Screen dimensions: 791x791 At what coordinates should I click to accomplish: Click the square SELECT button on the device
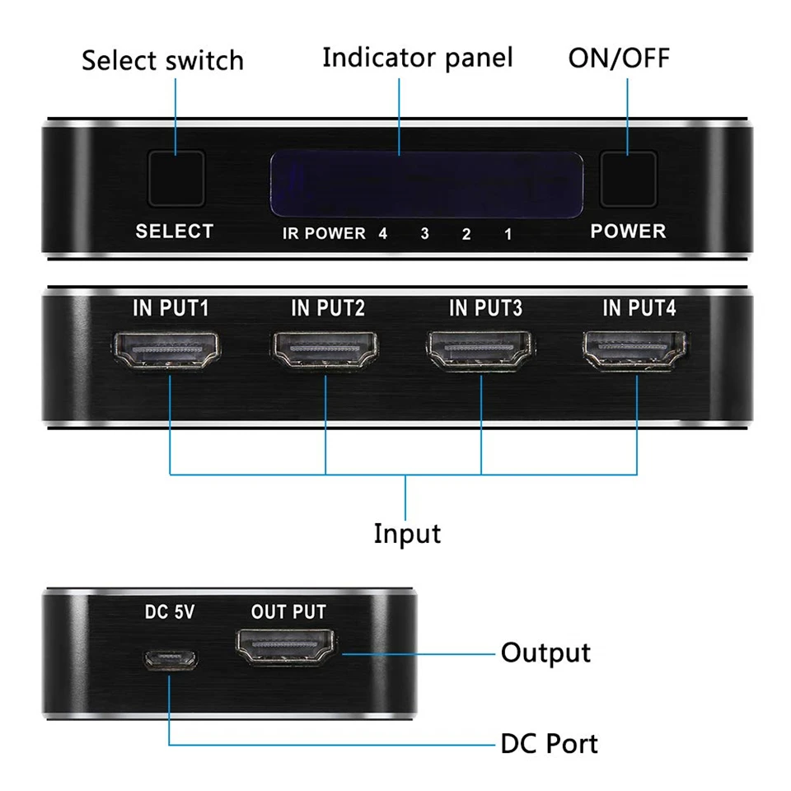[175, 179]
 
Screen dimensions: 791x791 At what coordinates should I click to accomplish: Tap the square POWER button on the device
[628, 179]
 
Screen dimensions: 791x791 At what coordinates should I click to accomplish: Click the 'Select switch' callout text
[162, 60]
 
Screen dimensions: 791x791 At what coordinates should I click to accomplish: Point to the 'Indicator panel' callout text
[417, 58]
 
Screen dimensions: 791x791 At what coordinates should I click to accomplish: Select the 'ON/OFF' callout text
[619, 58]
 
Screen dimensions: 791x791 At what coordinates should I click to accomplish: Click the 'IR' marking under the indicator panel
[290, 234]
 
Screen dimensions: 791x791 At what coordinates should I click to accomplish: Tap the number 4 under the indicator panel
[383, 234]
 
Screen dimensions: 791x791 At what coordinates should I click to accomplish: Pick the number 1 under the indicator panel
[508, 234]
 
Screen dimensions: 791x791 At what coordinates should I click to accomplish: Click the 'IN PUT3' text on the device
[485, 309]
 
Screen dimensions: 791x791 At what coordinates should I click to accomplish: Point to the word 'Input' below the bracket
[407, 533]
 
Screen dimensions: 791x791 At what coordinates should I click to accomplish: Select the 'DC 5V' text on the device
[170, 612]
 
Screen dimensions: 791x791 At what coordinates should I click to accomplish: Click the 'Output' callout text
[545, 653]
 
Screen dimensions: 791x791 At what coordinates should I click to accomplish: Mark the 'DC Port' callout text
[549, 743]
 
